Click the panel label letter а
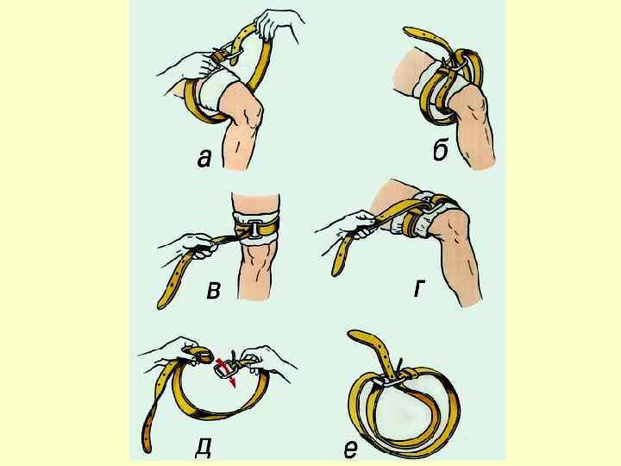click(204, 159)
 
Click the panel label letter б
click(441, 151)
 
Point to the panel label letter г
click(418, 289)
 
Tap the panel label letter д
click(203, 447)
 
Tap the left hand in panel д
click(174, 349)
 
